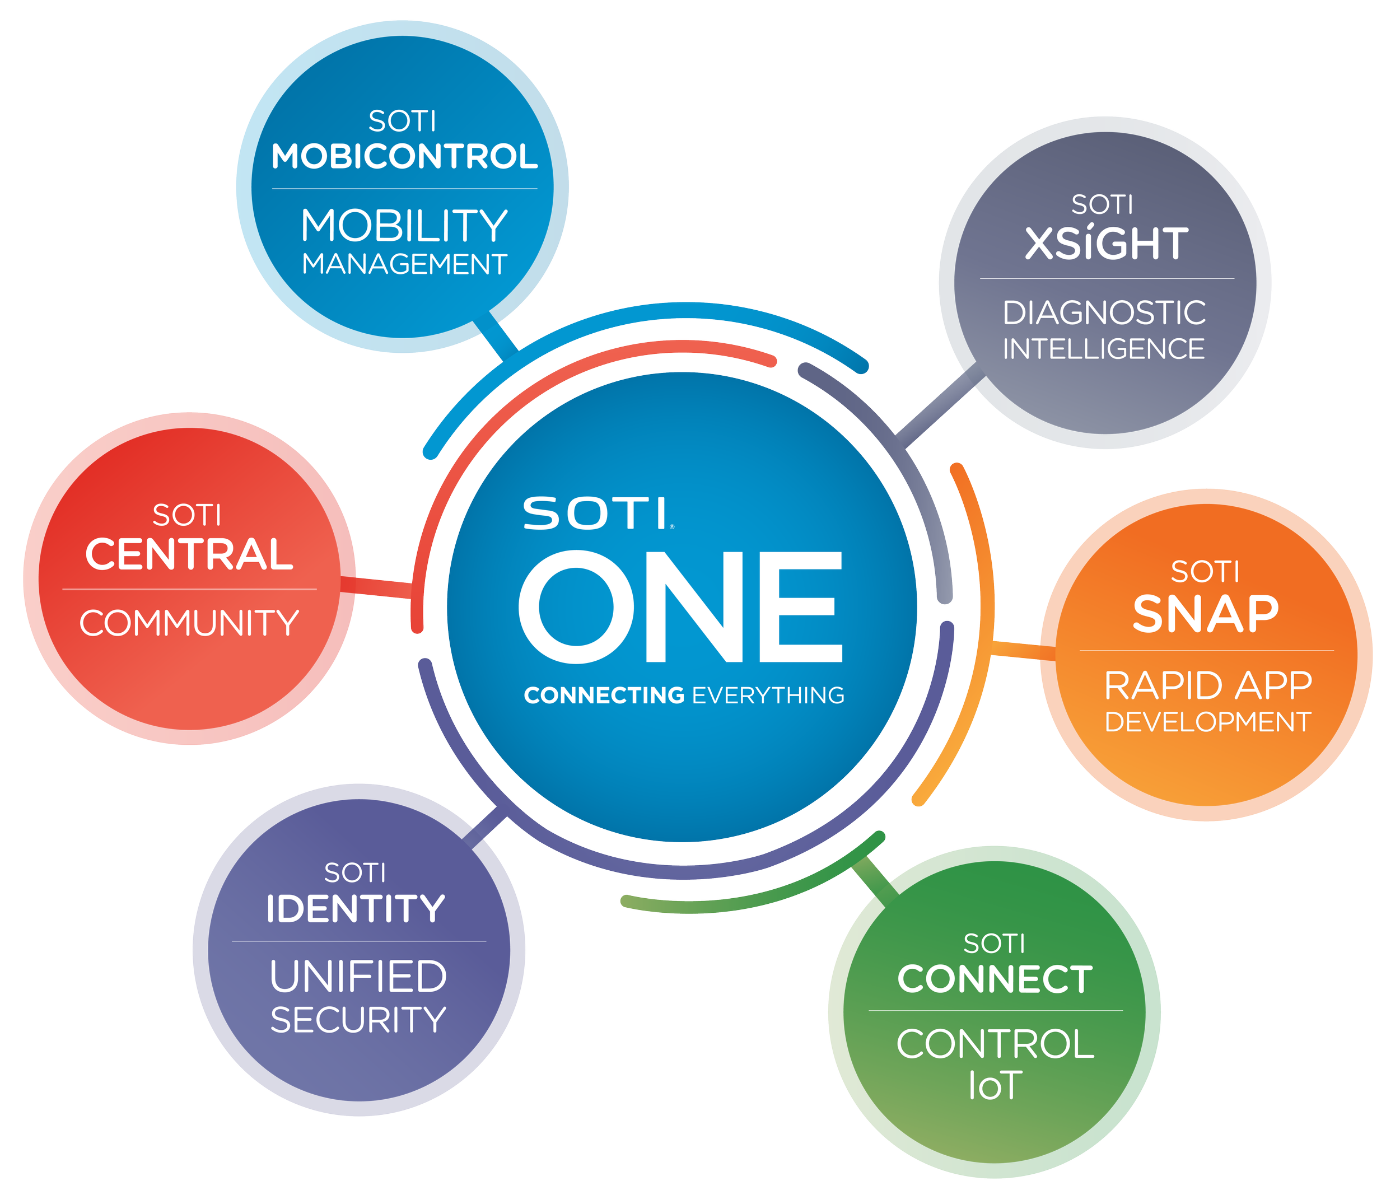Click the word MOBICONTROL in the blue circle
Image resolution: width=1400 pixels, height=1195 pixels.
[x=404, y=157]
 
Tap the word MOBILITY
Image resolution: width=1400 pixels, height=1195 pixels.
[x=404, y=226]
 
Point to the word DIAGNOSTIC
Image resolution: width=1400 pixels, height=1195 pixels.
[x=1104, y=313]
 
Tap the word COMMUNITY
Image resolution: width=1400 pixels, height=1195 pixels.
[x=189, y=623]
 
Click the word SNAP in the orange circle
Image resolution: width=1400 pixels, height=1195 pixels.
[x=1206, y=614]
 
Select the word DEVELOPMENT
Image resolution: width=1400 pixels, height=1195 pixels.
[x=1208, y=722]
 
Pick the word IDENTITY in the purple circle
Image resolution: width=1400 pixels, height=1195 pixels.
[x=356, y=909]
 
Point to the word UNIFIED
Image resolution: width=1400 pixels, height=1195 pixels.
[x=358, y=977]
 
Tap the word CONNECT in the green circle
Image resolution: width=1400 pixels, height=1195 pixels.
[x=995, y=979]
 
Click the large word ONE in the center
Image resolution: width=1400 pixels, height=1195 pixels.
[x=681, y=606]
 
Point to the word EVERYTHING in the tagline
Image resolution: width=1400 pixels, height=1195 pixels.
[x=768, y=695]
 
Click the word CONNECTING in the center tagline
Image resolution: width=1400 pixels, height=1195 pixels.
[x=604, y=695]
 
